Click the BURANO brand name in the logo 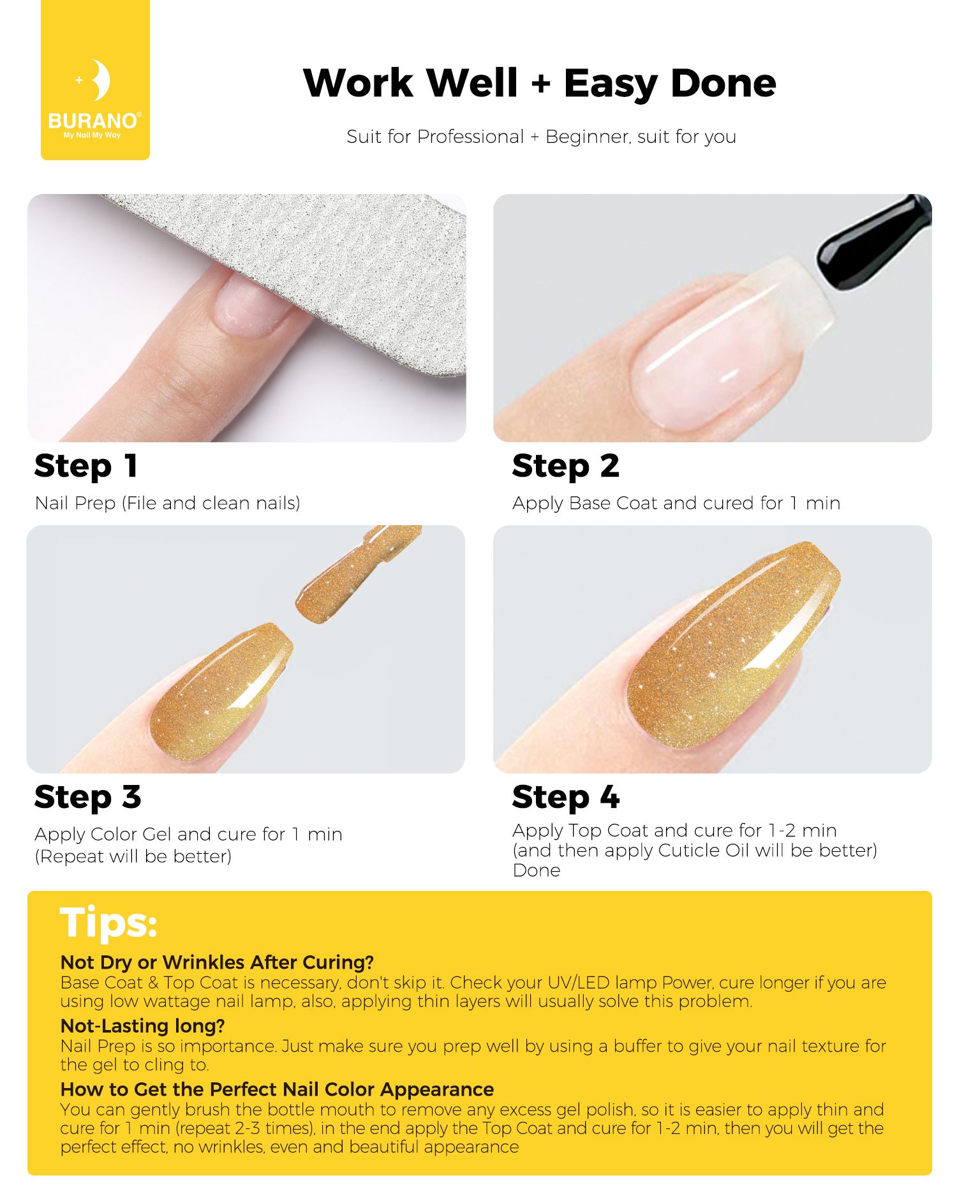[93, 121]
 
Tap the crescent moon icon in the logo [100, 80]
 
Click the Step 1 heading [86, 467]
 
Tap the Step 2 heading [566, 467]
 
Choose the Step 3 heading [88, 798]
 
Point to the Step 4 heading [566, 798]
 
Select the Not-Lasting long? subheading [143, 1026]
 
